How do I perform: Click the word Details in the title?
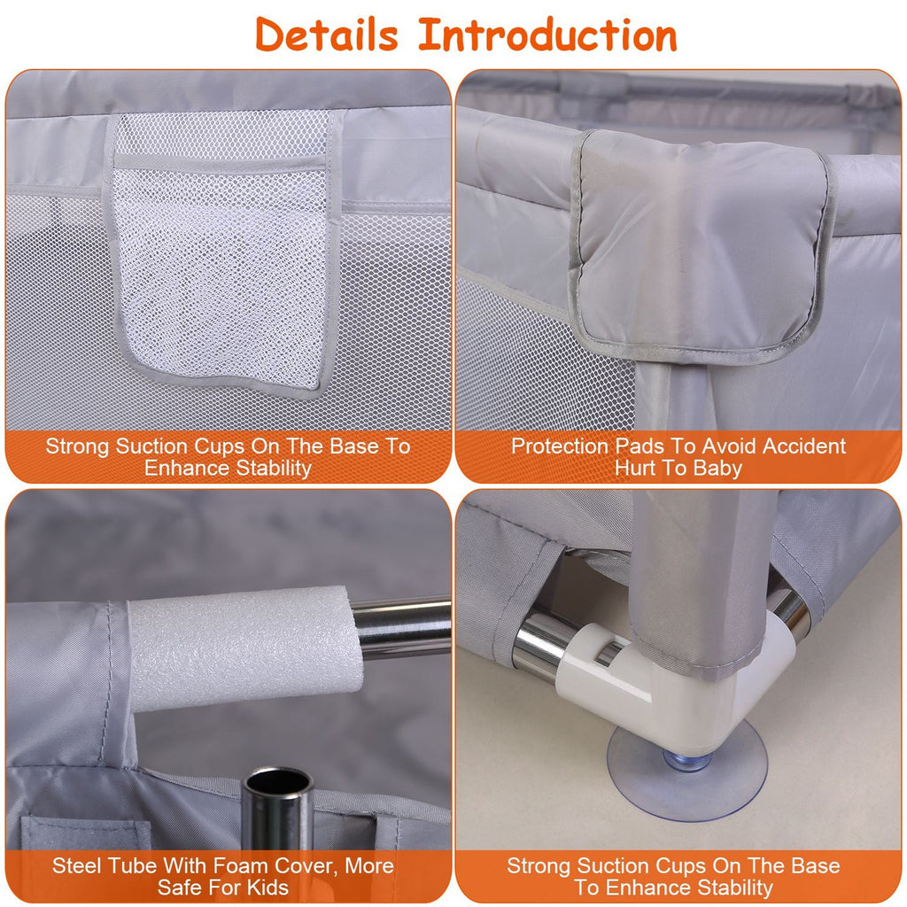pyautogui.click(x=326, y=35)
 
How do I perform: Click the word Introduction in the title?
pyautogui.click(x=547, y=35)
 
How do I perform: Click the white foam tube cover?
pyautogui.click(x=243, y=647)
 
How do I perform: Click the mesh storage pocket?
pyautogui.click(x=222, y=254)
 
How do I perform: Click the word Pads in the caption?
pyautogui.click(x=640, y=446)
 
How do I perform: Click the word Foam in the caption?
pyautogui.click(x=241, y=865)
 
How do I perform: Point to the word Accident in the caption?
pyautogui.click(x=804, y=446)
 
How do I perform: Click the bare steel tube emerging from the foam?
pyautogui.click(x=403, y=628)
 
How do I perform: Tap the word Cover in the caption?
pyautogui.click(x=307, y=866)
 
